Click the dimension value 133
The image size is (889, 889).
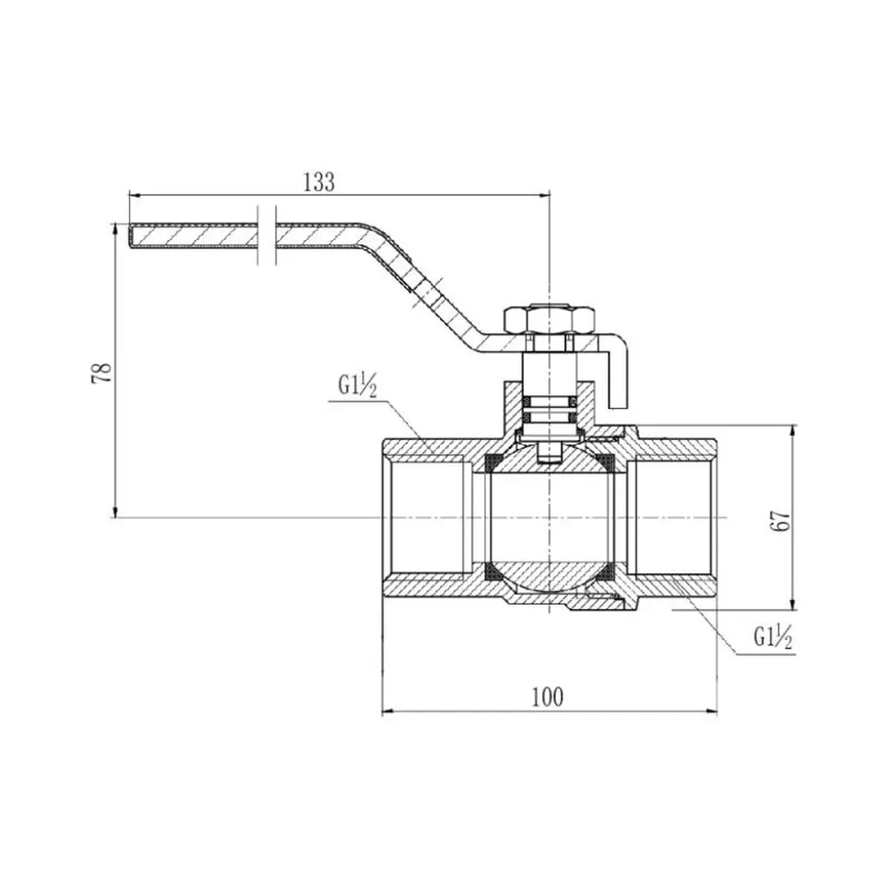pos(319,182)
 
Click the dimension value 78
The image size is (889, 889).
pos(101,373)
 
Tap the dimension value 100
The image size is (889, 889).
pos(548,697)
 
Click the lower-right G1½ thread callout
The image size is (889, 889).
pos(773,637)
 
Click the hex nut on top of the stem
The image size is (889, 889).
pos(549,320)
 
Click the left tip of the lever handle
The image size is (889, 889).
pos(129,236)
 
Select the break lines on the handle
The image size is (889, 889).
pos(267,235)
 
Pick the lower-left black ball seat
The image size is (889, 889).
pos(493,572)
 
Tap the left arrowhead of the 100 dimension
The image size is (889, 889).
pos(388,711)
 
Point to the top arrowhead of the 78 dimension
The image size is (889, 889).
pos(116,229)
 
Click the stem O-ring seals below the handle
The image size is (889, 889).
pos(549,409)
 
